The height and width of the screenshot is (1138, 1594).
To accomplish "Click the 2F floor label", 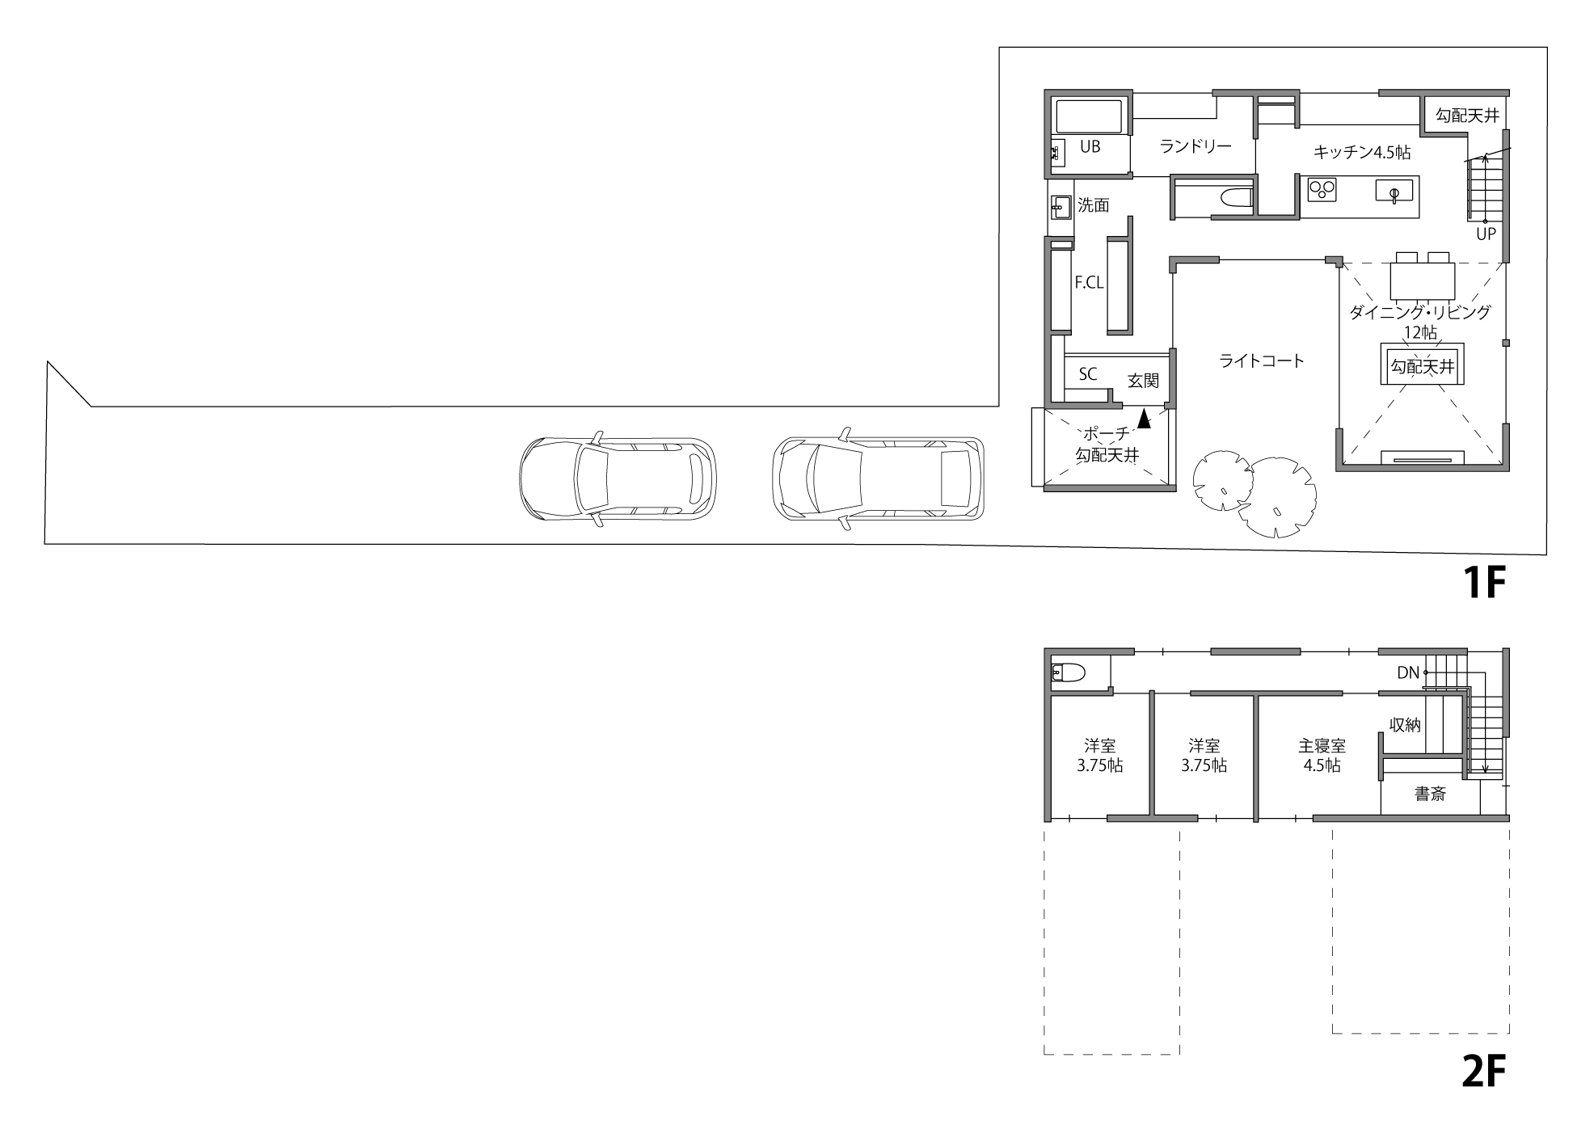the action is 1486,1072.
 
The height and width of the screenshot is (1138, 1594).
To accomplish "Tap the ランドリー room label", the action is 1195,146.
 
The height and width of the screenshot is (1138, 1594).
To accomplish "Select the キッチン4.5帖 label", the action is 1363,151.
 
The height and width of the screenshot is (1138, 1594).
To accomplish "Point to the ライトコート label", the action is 1262,361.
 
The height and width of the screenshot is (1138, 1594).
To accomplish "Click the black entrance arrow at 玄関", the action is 1144,418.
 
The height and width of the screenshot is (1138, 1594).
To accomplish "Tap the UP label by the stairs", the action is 1486,234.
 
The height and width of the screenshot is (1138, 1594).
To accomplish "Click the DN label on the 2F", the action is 1407,672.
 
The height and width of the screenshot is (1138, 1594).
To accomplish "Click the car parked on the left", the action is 617,478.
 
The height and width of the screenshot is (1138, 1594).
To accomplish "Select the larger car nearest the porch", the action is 879,478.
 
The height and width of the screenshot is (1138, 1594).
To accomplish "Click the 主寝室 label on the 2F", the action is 1322,746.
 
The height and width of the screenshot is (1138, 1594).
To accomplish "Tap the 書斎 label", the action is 1430,794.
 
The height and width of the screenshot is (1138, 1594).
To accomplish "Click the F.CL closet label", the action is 1089,283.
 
